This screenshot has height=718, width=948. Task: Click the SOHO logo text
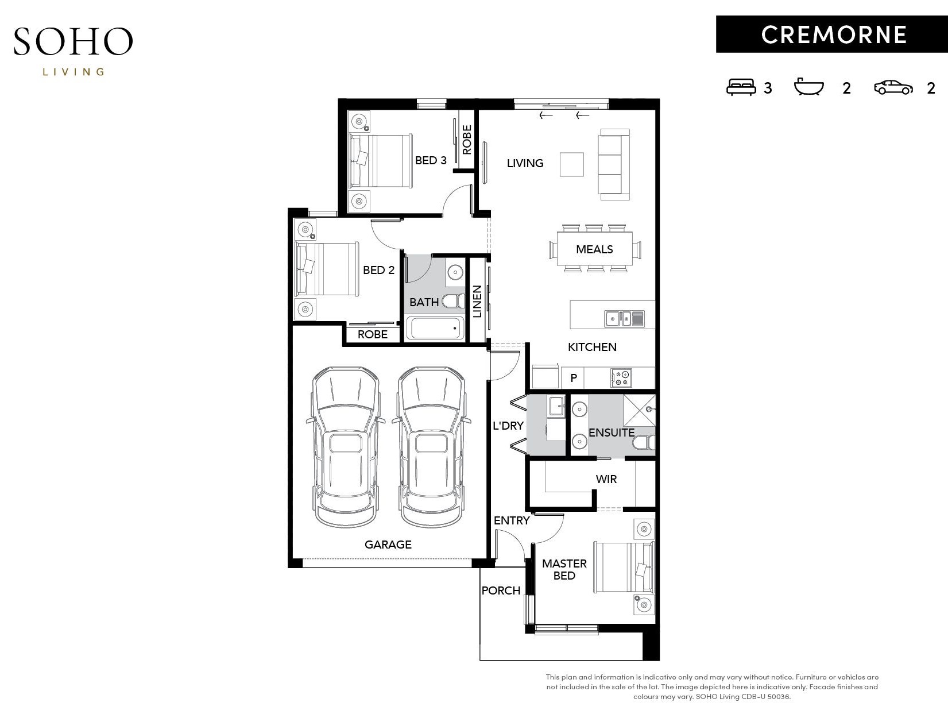[x=73, y=41]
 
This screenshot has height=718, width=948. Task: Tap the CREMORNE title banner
[x=832, y=34]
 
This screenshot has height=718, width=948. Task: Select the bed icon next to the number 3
[x=741, y=87]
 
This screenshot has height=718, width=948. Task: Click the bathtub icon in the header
[x=809, y=86]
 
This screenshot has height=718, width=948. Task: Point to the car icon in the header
[x=893, y=87]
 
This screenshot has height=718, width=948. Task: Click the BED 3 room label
[x=431, y=160]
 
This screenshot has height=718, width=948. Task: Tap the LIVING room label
[x=525, y=163]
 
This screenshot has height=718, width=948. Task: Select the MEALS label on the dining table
[x=594, y=249]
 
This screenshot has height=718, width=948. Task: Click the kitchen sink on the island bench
[x=624, y=319]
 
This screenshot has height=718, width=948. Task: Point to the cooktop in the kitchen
[x=621, y=377]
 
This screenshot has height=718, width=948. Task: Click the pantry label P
[x=574, y=378]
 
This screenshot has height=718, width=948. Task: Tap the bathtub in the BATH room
[x=435, y=329]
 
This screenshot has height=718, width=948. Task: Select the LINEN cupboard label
[x=477, y=301]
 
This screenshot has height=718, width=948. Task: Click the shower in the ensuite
[x=639, y=410]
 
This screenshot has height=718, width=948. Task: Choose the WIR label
[x=606, y=479]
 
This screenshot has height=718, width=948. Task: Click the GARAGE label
[x=388, y=545]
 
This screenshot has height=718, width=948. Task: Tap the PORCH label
[x=501, y=590]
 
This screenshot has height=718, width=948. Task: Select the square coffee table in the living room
[x=572, y=165]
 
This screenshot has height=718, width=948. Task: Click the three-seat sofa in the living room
[x=614, y=165]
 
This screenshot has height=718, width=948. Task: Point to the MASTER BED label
[x=564, y=569]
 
